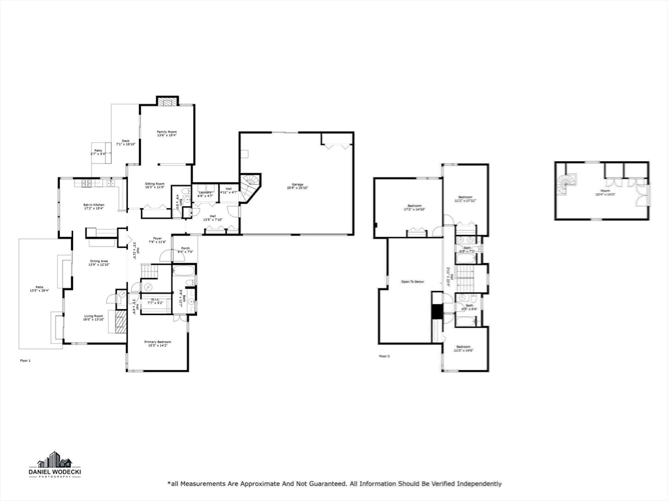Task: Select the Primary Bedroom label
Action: tap(158, 343)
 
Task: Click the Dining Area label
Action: tap(99, 262)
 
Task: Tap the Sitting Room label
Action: tap(155, 185)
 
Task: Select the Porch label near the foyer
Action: tap(185, 249)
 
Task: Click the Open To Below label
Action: tap(412, 282)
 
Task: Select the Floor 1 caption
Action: tap(25, 360)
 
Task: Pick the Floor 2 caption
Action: tap(384, 356)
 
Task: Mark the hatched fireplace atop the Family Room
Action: tap(167, 101)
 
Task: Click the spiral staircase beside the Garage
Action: tap(249, 185)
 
